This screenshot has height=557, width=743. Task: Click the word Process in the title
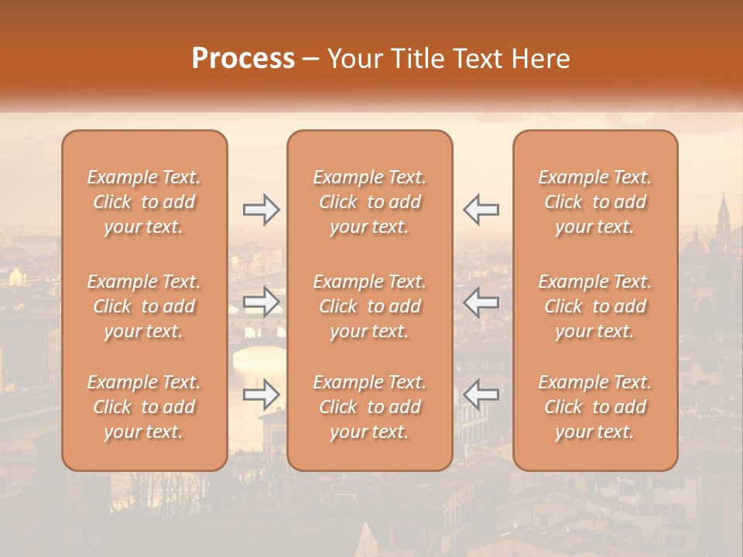click(243, 59)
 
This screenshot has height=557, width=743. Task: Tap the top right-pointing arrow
click(262, 208)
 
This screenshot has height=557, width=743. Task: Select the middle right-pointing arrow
click(262, 302)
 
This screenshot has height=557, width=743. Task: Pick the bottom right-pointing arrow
click(262, 395)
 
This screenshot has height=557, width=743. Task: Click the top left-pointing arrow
click(481, 208)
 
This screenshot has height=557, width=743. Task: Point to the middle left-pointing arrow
click(481, 302)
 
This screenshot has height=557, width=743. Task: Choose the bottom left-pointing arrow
click(481, 395)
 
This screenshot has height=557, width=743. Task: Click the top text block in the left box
click(144, 202)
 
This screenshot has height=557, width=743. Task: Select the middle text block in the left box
click(144, 306)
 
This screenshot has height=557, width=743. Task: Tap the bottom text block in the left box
click(144, 407)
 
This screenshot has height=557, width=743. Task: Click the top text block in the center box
click(370, 202)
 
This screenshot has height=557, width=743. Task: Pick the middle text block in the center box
click(370, 306)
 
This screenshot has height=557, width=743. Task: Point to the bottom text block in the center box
click(370, 407)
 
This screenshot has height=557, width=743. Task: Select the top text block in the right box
click(595, 202)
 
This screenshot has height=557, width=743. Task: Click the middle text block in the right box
click(595, 306)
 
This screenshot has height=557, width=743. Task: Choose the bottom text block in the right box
click(595, 407)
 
